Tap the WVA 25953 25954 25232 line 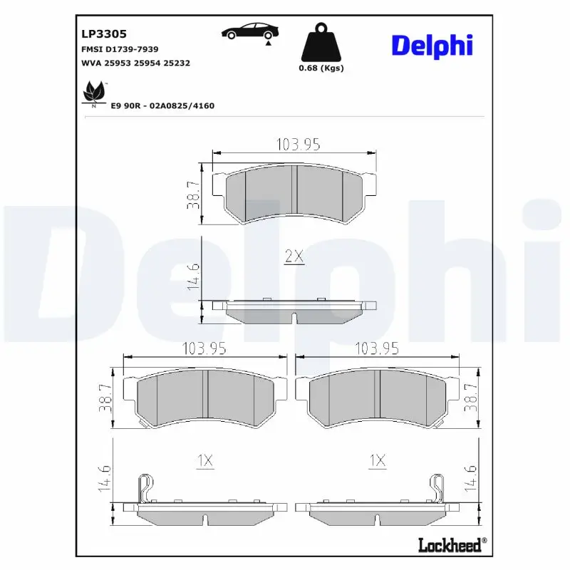136,63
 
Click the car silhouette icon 250,32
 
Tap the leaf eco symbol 95,93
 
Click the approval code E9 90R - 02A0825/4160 162,105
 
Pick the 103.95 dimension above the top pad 297,144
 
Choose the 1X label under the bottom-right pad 377,461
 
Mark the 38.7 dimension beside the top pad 192,195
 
